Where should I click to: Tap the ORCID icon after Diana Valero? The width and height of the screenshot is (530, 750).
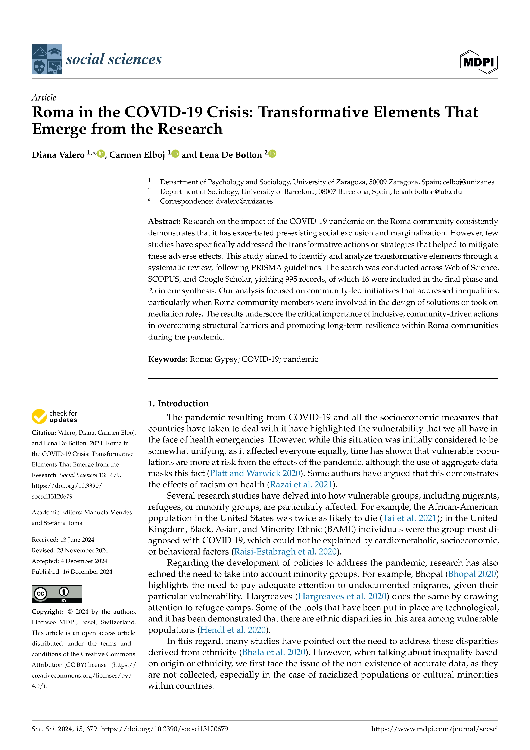click(x=101, y=154)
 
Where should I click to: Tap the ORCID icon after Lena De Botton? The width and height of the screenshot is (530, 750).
click(x=272, y=154)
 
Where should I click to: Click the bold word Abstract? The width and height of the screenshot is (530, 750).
click(x=164, y=222)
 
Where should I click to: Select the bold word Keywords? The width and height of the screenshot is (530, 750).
click(x=167, y=359)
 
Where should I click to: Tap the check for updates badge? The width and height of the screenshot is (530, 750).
click(x=54, y=416)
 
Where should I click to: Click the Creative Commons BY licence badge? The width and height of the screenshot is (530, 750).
click(x=57, y=594)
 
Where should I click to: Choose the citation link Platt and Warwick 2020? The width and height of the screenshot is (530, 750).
click(x=255, y=473)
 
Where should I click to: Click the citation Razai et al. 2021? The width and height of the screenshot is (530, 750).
click(x=300, y=484)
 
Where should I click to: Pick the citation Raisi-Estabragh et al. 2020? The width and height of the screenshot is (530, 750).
click(x=285, y=551)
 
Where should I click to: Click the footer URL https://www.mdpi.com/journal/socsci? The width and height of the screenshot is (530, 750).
click(x=434, y=729)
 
